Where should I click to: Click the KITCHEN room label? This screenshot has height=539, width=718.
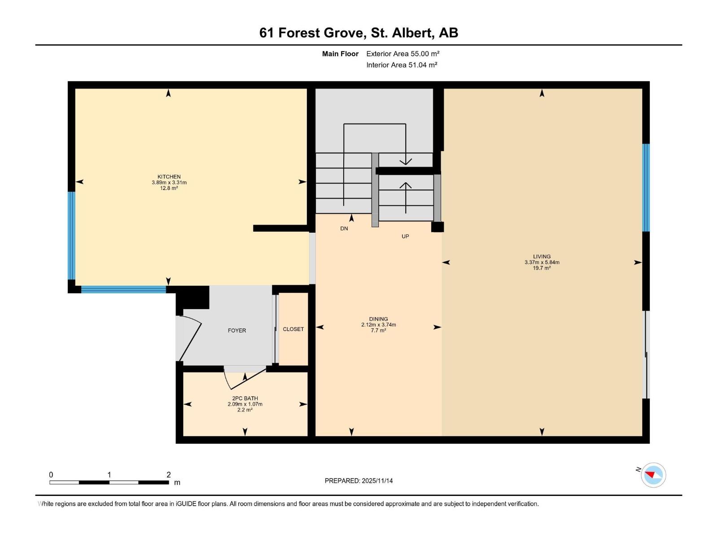click(x=169, y=177)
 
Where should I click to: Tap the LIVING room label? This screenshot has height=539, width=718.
click(x=542, y=256)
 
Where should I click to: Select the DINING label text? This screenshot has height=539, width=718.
click(x=378, y=319)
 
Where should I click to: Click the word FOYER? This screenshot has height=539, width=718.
click(x=236, y=331)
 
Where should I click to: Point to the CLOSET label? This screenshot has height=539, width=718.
click(x=293, y=329)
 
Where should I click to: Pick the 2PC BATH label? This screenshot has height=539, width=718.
click(x=245, y=398)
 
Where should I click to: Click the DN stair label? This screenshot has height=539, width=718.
click(x=344, y=229)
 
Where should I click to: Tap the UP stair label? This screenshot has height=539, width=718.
click(x=405, y=236)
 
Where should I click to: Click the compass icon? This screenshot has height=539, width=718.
click(x=653, y=475)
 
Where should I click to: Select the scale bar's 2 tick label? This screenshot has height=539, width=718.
click(x=168, y=475)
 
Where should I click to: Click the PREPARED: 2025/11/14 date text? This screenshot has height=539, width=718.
click(x=359, y=481)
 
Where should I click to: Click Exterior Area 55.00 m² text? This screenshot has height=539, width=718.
click(x=403, y=53)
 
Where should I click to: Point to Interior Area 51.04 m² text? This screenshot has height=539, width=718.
click(x=402, y=65)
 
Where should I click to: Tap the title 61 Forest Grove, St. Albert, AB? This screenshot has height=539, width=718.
click(x=359, y=33)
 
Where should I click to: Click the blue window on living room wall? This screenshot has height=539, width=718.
click(x=646, y=187)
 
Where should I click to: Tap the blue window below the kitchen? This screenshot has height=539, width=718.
click(x=123, y=290)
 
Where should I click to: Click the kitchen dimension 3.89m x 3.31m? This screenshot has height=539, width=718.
click(x=169, y=182)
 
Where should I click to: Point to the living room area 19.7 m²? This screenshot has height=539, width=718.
click(x=542, y=268)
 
